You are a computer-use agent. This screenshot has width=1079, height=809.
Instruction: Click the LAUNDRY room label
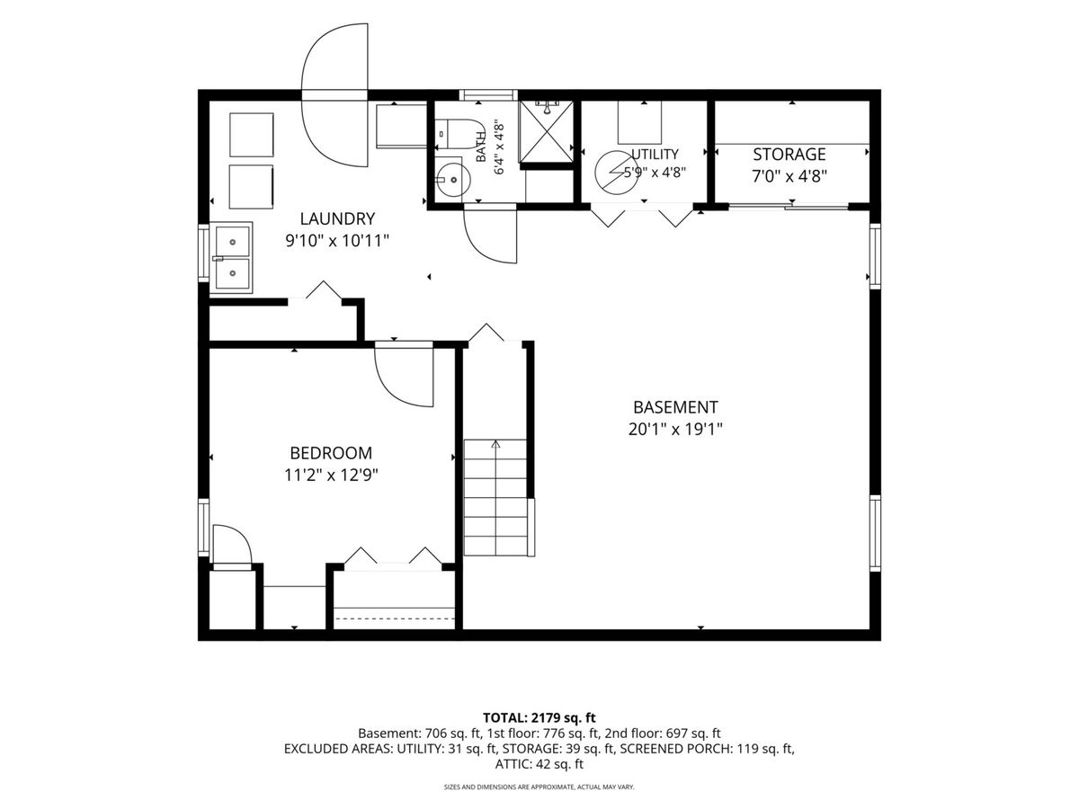337,218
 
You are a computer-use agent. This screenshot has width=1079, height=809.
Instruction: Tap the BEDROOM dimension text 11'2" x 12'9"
331,476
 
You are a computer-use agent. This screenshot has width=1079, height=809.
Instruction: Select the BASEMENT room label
675,407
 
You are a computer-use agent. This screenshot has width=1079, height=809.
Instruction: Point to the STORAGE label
789,155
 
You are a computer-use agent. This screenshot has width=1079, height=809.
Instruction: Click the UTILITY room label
655,155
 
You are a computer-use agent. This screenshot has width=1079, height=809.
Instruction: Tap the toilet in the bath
459,134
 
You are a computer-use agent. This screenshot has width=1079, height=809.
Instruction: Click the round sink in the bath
453,180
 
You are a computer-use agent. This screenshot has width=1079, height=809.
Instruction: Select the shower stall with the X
546,131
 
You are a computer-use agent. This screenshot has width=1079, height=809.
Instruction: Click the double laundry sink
231,258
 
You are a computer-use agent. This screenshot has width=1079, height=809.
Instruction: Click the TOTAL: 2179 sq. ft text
539,717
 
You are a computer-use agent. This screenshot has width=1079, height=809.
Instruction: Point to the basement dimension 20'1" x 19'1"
675,430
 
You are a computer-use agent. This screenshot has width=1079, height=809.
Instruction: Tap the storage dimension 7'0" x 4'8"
789,176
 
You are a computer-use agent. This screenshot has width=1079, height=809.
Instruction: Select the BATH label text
481,147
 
